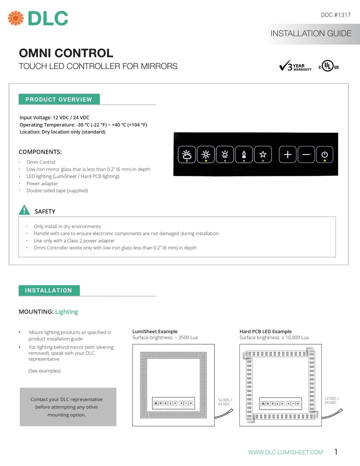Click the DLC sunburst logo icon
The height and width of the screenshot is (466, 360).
pos(16,18)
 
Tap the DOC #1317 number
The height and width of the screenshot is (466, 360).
pos(336,15)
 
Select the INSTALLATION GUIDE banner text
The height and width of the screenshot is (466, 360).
pos(311,33)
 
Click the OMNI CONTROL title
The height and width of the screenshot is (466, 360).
pos(66,53)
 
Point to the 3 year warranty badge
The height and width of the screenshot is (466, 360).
pos(295,66)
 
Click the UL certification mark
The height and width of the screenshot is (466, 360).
pos(329,66)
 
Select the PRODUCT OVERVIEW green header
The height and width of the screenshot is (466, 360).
pos(59,99)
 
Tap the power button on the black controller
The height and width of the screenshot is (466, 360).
pos(325,154)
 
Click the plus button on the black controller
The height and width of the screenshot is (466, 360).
pos(288,154)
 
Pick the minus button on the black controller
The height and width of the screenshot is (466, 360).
pos(307,154)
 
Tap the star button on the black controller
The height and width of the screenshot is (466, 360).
pos(263,154)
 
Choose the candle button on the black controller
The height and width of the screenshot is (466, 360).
pos(244,154)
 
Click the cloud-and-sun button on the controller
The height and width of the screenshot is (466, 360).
pos(187,154)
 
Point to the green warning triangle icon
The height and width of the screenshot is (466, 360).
pos(24,210)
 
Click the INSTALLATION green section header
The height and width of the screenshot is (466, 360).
pos(49,290)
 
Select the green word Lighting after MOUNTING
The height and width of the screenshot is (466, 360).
pos(67,312)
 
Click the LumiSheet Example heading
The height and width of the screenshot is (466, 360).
pos(155,331)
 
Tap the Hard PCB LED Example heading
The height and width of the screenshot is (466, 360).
pos(265,331)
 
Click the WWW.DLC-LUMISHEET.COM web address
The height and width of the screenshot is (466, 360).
pos(285,452)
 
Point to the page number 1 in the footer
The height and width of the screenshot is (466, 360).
pos(336,452)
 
